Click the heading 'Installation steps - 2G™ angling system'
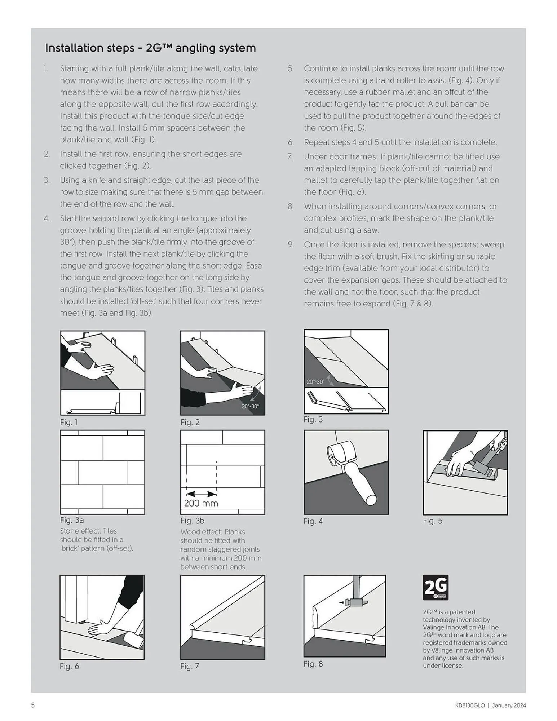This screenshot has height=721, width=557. pyautogui.click(x=150, y=48)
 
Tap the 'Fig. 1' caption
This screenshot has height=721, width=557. pyautogui.click(x=68, y=422)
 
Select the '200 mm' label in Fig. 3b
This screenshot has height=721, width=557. pyautogui.click(x=201, y=503)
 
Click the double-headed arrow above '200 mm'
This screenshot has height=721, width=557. pyautogui.click(x=201, y=494)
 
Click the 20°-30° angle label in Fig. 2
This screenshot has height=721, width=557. pyautogui.click(x=250, y=406)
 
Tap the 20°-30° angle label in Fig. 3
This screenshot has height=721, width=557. pyautogui.click(x=315, y=382)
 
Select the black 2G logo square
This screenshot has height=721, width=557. pyautogui.click(x=436, y=587)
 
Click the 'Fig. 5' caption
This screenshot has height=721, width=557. pyautogui.click(x=432, y=521)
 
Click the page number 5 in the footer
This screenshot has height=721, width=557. pyautogui.click(x=33, y=705)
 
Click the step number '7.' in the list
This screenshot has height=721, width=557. pyautogui.click(x=290, y=156)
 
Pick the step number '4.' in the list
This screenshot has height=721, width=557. pyautogui.click(x=47, y=218)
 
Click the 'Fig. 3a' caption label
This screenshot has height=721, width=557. pyautogui.click(x=72, y=520)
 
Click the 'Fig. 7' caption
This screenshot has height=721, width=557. pyautogui.click(x=190, y=666)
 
